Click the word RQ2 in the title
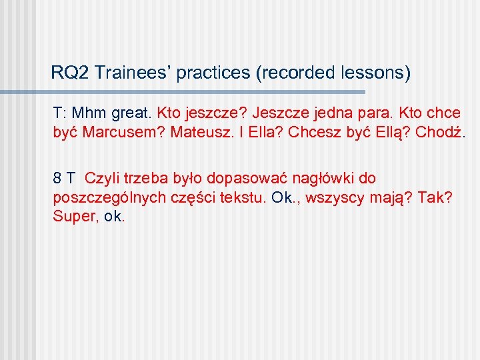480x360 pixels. click(69, 73)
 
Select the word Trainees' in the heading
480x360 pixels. click(133, 73)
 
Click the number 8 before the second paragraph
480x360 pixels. click(58, 178)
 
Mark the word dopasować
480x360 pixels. click(244, 178)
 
